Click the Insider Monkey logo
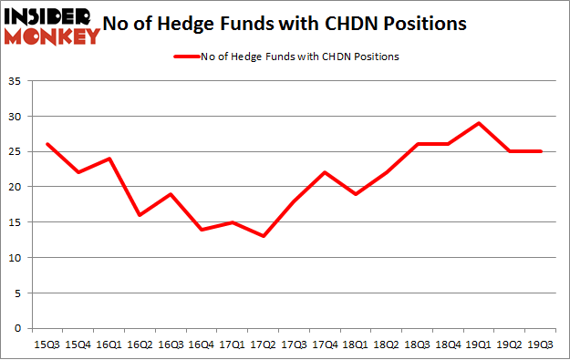point(52,26)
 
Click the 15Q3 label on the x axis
point(47,344)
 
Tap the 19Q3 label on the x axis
point(542,344)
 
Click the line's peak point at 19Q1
point(480,123)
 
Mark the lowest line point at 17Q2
point(264,236)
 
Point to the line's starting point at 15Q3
point(47,144)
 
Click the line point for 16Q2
point(140,215)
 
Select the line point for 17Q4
point(326,172)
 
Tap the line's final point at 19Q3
point(542,151)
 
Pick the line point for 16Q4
point(202,229)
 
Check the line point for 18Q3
point(418,144)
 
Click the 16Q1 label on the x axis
point(109,344)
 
